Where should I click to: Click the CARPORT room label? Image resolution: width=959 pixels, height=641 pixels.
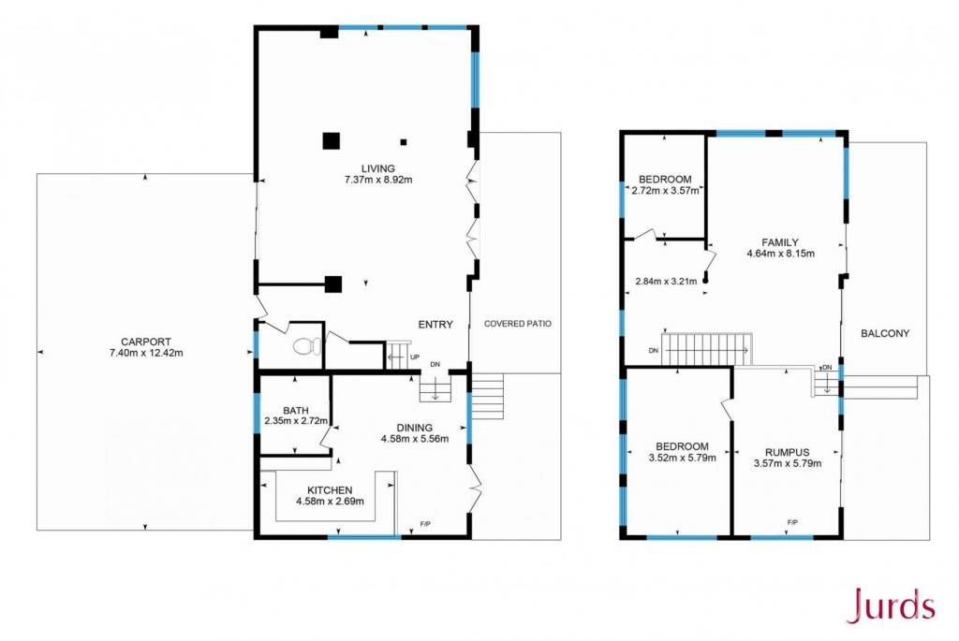[x=145, y=342]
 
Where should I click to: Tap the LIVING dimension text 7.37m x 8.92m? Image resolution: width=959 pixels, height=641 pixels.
[x=378, y=181]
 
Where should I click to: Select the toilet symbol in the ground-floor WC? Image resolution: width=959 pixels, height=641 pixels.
[x=307, y=347]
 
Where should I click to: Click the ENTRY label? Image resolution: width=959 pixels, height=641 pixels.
[x=435, y=325]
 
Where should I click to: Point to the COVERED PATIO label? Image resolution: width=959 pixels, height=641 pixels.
[x=517, y=324]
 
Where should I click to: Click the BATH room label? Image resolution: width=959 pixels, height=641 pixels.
[x=295, y=411]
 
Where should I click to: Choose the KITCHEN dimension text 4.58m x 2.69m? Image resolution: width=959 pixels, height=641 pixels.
[x=330, y=502]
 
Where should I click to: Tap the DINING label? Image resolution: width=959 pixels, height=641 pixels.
[x=415, y=428]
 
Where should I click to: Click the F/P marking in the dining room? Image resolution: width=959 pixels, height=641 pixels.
[x=425, y=524]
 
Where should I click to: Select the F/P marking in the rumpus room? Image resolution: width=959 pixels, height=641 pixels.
[x=792, y=522]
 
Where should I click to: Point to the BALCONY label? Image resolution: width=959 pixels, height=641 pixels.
[x=885, y=334]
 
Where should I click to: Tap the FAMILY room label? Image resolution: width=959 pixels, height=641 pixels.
[x=780, y=242]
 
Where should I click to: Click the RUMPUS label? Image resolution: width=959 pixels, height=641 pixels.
[x=787, y=453]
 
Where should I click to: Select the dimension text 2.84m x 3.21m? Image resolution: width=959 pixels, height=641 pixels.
[x=666, y=282]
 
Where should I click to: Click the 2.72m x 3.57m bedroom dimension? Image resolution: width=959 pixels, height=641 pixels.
[x=665, y=191]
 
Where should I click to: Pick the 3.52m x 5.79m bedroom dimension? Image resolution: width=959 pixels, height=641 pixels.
[x=682, y=457]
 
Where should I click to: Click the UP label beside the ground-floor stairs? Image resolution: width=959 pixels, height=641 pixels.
[x=415, y=357]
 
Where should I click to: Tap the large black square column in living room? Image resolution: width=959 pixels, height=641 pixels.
[x=331, y=141]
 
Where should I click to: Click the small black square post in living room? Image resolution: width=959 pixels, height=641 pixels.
[x=404, y=142]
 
